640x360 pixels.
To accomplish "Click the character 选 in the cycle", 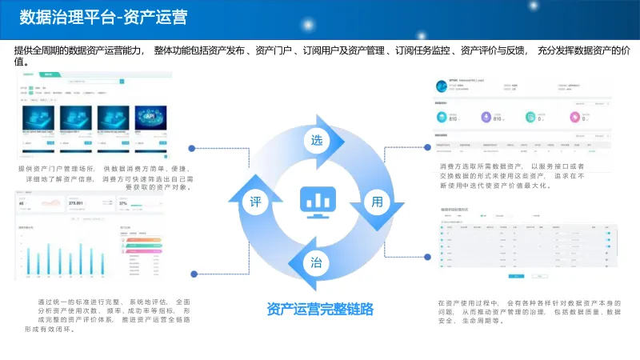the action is (x=318, y=141).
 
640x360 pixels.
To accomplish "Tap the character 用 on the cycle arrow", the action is (x=378, y=202).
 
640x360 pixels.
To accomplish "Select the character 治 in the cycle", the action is (x=317, y=262).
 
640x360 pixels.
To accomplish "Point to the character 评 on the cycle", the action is (x=256, y=202).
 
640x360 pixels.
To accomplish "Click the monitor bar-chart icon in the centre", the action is (x=317, y=202).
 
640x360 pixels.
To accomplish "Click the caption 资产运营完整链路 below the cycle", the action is (x=320, y=309).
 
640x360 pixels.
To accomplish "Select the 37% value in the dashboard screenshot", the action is (x=122, y=203).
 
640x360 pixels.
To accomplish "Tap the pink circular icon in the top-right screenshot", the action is (x=574, y=118).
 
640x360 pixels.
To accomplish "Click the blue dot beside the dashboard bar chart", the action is (x=190, y=256).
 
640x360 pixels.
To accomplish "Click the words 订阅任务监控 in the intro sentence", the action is (x=425, y=51).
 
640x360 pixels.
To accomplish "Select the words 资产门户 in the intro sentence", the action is (x=274, y=51).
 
